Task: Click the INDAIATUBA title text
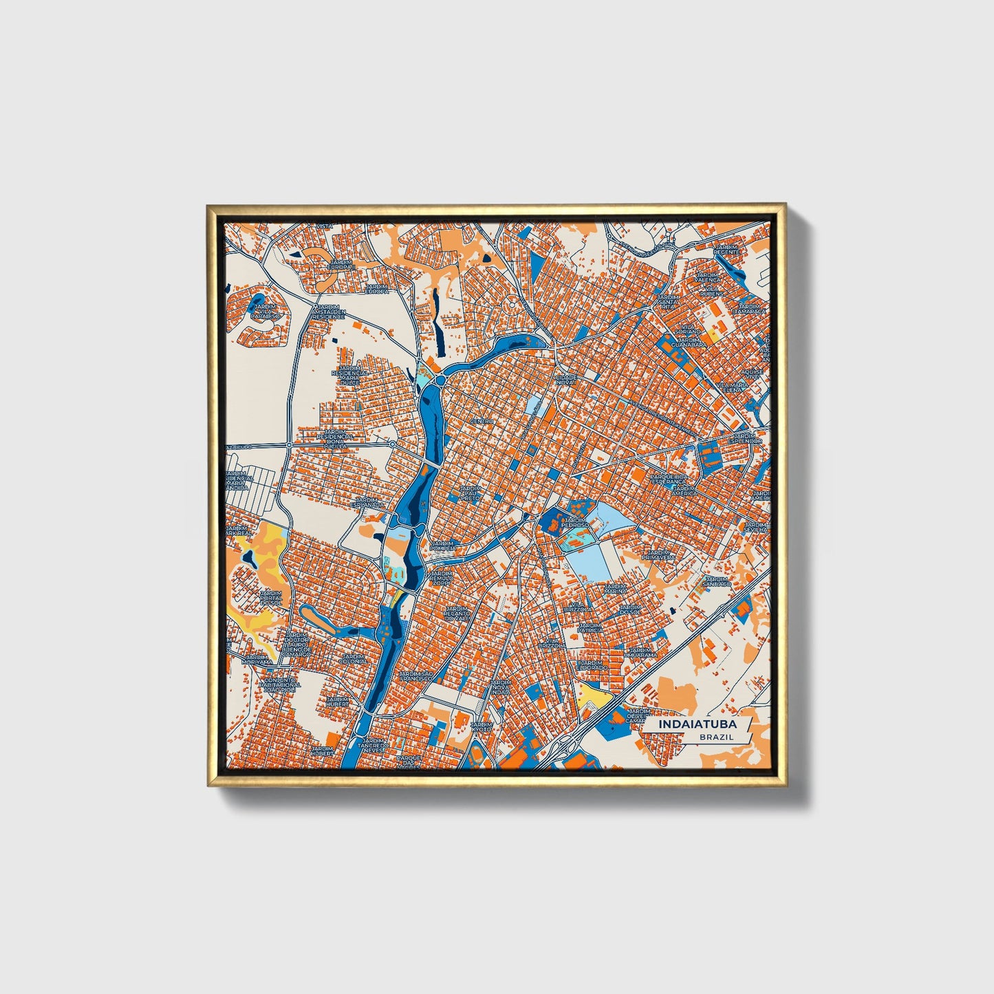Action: [x=697, y=724]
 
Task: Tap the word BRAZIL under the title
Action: [x=716, y=737]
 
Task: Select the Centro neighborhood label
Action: [x=482, y=421]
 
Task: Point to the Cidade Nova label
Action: [x=566, y=380]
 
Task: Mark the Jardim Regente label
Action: [x=726, y=250]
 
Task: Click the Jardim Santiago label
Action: [x=717, y=581]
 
